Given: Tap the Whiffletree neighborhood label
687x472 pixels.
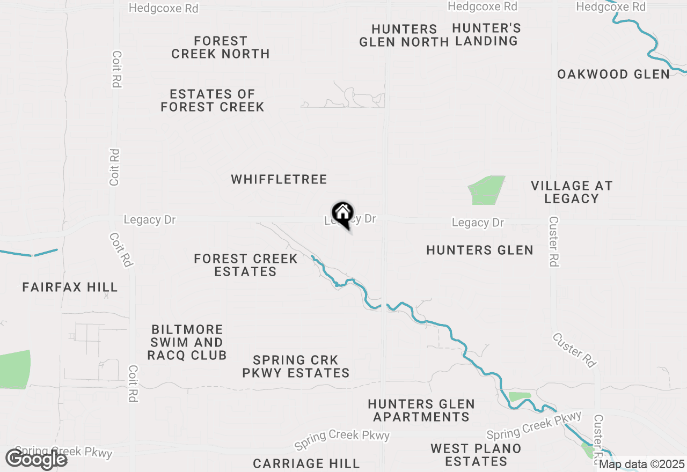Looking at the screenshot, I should point(279,179).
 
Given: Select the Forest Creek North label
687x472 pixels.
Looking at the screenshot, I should point(220,47).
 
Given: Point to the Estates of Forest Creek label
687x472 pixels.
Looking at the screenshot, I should point(213,100).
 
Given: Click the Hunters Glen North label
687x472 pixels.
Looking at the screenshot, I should point(404,35).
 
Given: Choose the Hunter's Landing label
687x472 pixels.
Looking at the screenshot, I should point(486,34).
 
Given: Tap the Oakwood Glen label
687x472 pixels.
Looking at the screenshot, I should point(613,75).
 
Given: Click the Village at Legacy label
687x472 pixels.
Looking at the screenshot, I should point(572,192).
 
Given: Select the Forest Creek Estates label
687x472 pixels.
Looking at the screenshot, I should point(246,265).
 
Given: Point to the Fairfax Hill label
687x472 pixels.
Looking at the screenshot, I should point(70,287).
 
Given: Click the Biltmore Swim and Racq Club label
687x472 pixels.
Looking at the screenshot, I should point(187,342).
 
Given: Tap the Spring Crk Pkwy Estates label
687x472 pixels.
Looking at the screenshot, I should point(296,366).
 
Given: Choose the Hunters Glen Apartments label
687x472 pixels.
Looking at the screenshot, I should point(421,410).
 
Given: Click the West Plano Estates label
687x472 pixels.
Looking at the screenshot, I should point(476,455).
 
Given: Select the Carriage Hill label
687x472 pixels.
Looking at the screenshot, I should point(306,463).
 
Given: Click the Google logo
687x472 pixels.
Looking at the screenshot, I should point(36,459).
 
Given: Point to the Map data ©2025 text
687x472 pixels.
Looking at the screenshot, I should point(642,464).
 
